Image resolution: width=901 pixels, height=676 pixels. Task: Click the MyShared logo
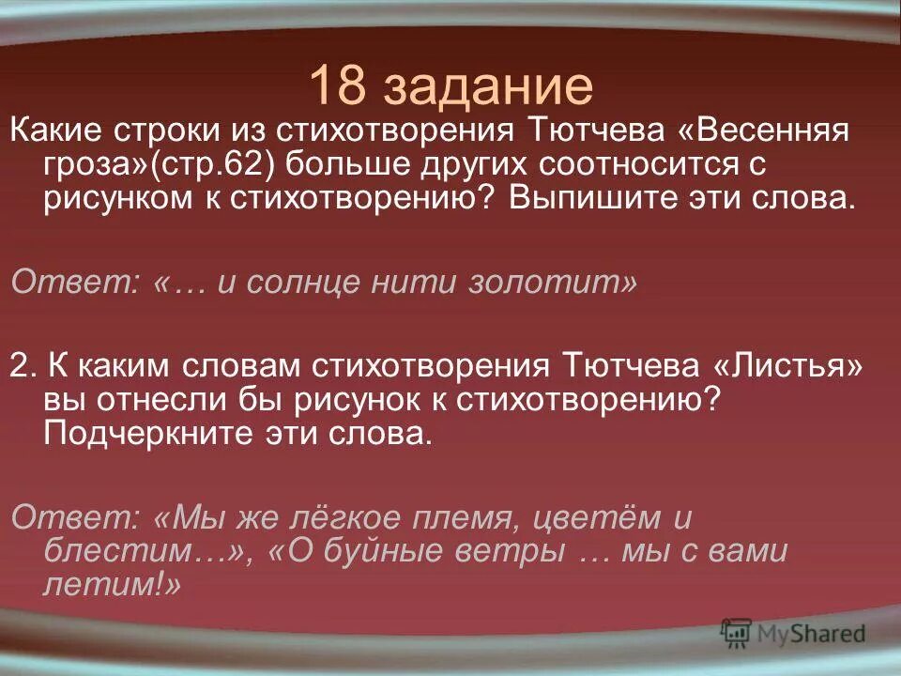coord(792,633)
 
